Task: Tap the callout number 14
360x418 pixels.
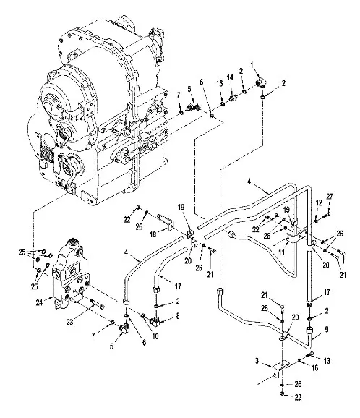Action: (x=230, y=77)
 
